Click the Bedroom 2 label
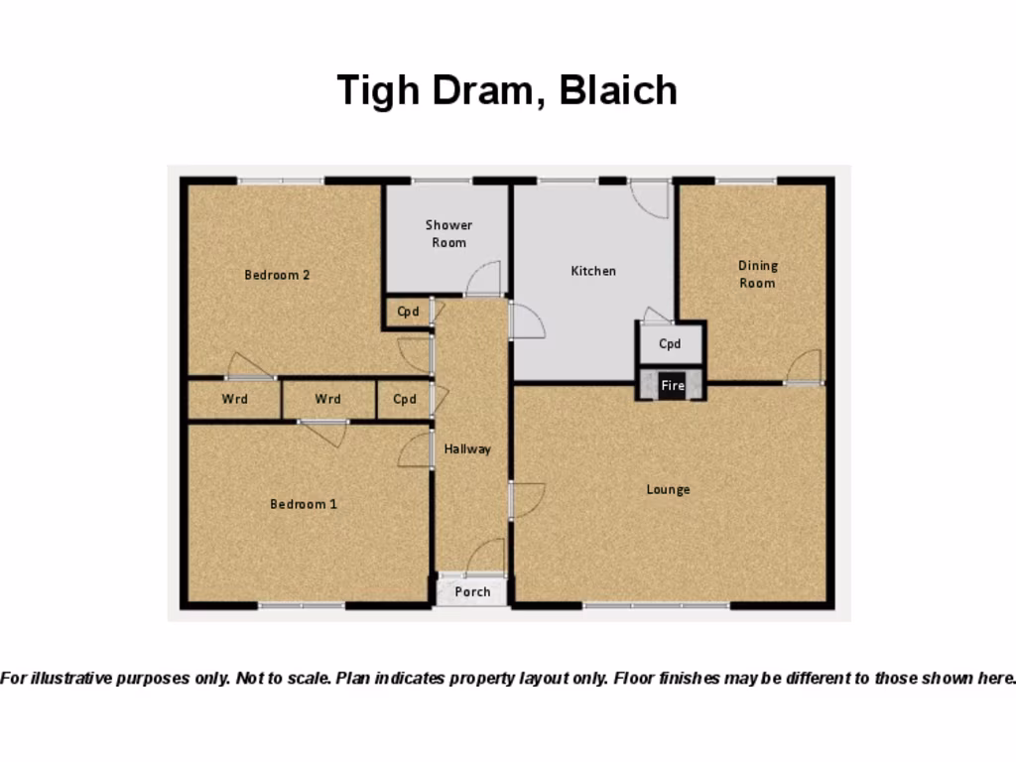coord(277,275)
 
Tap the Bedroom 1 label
coord(304,504)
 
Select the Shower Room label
coord(448,234)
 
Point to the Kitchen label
coord(593,271)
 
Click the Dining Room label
coord(757,274)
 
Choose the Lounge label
coord(668,489)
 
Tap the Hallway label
coord(467,449)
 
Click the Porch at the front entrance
coord(472,591)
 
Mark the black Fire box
coord(672,385)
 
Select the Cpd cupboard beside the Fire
coord(670,344)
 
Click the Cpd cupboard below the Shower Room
coord(407,312)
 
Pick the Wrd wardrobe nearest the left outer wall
coord(234,400)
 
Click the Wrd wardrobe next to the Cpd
coord(328,400)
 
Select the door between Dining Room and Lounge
coord(804,367)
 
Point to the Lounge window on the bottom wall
coord(656,604)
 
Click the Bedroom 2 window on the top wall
coord(281,181)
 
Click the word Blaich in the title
coord(617,90)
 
